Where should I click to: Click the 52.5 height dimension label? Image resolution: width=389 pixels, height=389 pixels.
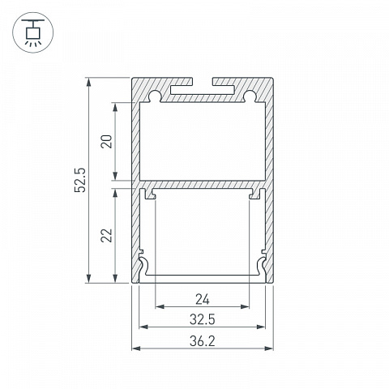tap(80, 180)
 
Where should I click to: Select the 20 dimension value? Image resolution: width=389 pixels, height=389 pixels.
tap(106, 141)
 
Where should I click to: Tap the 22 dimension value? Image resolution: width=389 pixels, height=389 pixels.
tap(106, 235)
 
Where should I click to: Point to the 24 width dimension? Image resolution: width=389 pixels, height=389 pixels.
tap(203, 300)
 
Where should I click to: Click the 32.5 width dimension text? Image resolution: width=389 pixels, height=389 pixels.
tap(203, 319)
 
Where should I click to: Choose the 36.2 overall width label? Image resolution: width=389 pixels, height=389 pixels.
tap(203, 341)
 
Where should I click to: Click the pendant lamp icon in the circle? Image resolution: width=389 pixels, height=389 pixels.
tap(33, 32)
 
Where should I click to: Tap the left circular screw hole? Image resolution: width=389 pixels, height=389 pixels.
tap(155, 96)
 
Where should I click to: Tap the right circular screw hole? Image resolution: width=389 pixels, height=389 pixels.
tap(250, 96)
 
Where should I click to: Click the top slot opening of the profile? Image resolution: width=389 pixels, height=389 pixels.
tap(203, 81)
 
